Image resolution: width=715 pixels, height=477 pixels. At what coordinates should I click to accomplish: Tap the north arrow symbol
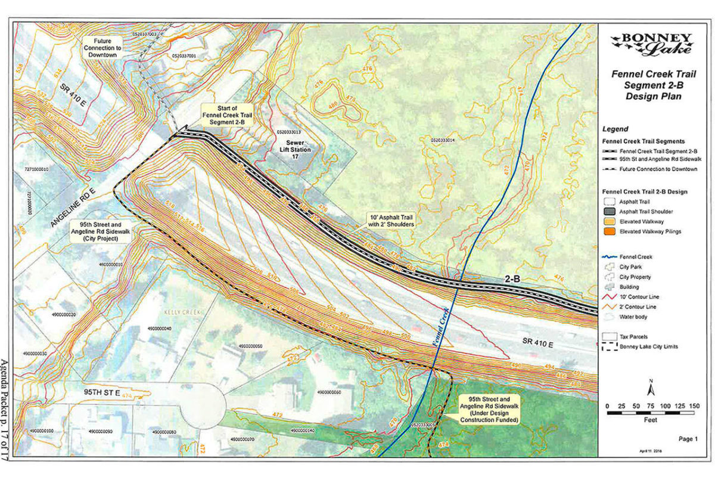point(651,389)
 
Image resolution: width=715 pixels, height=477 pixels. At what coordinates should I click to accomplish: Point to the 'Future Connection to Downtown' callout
point(104,47)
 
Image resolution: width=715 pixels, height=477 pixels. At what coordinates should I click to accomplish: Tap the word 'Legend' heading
point(615,129)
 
